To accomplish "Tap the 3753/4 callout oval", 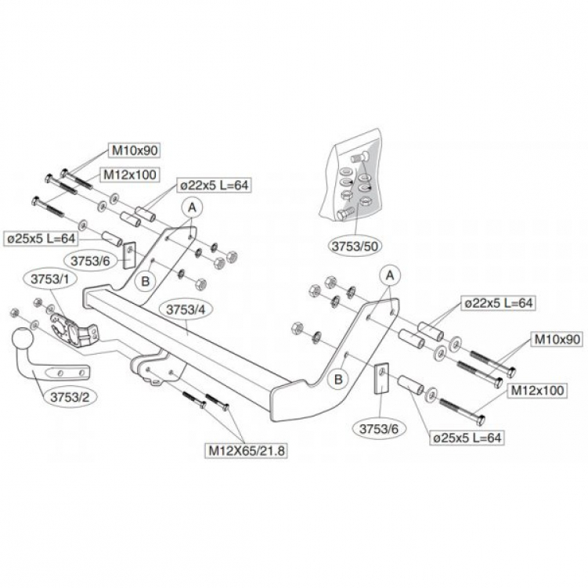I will (x=184, y=310).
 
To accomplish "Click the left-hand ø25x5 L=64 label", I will (x=42, y=237).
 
